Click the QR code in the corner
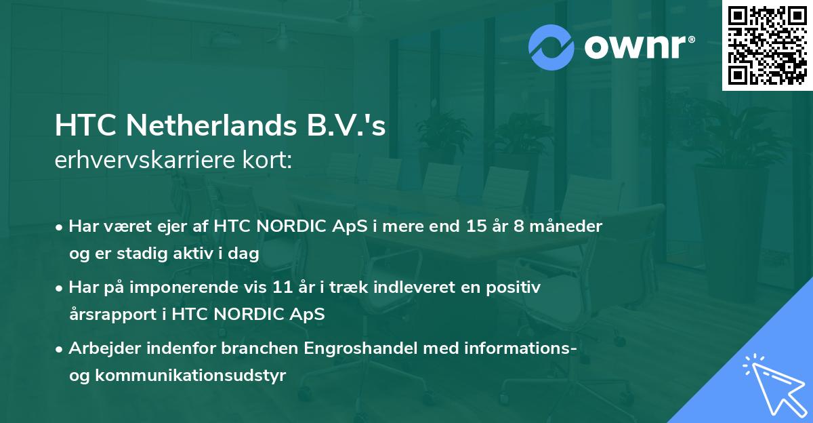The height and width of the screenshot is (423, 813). [x=768, y=45]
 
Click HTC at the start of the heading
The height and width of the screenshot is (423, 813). [x=80, y=126]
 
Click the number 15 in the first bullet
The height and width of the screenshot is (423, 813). [x=467, y=226]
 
